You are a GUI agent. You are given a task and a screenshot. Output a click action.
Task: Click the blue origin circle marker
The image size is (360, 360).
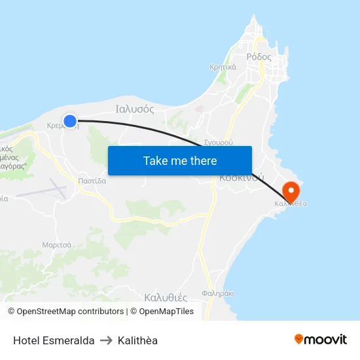[x=70, y=120]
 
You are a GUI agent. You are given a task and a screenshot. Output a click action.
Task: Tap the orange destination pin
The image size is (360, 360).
[x=290, y=191]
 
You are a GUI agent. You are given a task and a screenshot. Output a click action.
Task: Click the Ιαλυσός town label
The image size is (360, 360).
[x=134, y=109]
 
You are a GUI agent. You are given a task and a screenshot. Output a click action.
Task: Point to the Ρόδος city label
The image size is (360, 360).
[x=259, y=57]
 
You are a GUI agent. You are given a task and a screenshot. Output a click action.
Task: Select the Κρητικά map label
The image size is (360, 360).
[x=223, y=67]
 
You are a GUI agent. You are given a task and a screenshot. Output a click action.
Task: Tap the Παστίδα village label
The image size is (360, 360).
[x=92, y=181]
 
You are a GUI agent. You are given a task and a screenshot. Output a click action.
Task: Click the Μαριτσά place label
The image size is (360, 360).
[x=56, y=245]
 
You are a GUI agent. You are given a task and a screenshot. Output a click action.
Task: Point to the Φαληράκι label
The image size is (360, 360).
[x=218, y=294]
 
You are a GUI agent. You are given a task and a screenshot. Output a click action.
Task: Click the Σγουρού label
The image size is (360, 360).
[x=219, y=141]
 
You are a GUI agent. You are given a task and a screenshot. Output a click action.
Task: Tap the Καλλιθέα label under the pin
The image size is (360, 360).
[x=291, y=204]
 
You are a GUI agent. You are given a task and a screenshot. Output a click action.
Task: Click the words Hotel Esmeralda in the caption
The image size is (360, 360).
[x=54, y=340]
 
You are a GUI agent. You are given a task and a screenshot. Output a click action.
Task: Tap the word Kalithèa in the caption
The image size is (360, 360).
[x=137, y=340]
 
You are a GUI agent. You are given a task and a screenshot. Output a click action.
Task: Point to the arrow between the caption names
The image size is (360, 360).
[x=106, y=340]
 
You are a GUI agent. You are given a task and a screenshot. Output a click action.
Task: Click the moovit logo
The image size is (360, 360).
[x=320, y=339]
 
